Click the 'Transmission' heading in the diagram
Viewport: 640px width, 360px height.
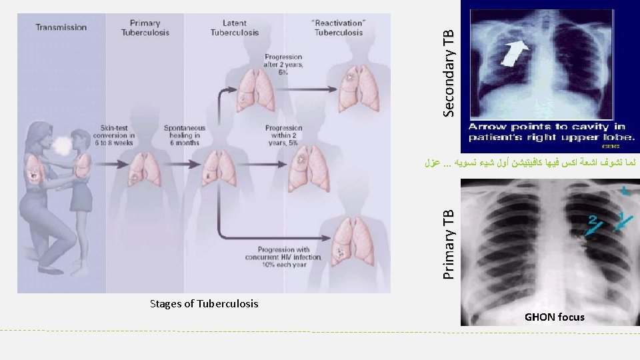pyautogui.click(x=61, y=27)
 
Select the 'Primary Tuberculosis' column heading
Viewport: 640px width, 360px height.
pyautogui.click(x=145, y=28)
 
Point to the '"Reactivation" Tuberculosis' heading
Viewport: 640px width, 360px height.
pyautogui.click(x=338, y=28)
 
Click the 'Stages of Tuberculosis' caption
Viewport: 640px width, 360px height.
pyautogui.click(x=204, y=304)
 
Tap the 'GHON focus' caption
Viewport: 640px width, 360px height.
pyautogui.click(x=555, y=317)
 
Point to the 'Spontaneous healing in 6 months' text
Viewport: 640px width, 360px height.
pyautogui.click(x=185, y=134)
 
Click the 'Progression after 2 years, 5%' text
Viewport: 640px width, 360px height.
pyautogui.click(x=283, y=65)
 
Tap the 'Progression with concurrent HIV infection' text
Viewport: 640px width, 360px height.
pyautogui.click(x=283, y=257)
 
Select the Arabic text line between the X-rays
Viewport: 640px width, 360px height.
pyautogui.click(x=531, y=162)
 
